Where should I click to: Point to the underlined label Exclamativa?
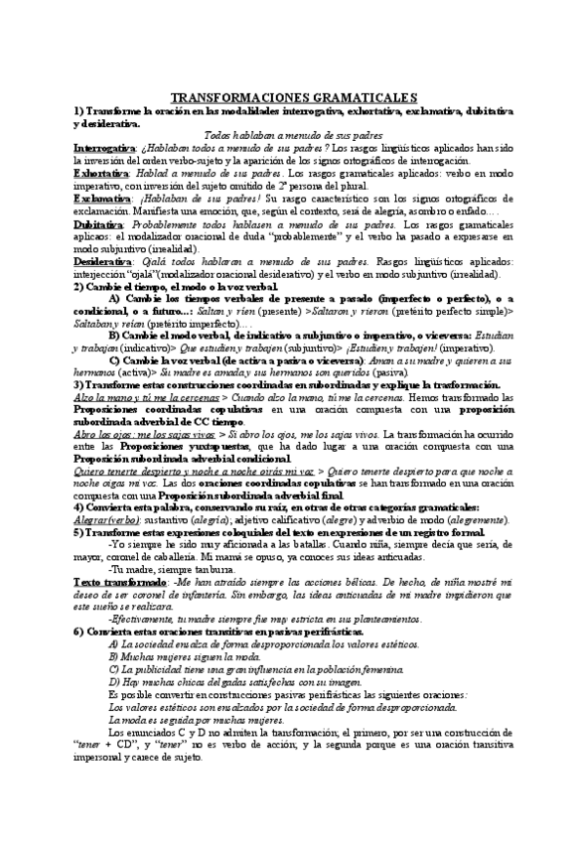pos(100,199)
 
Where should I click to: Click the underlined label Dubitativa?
pos(98,225)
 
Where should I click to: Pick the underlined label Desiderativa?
pos(101,260)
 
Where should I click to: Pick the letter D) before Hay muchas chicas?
pos(112,682)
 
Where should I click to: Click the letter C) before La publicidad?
pos(112,669)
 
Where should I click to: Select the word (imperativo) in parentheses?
pos(464,350)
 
